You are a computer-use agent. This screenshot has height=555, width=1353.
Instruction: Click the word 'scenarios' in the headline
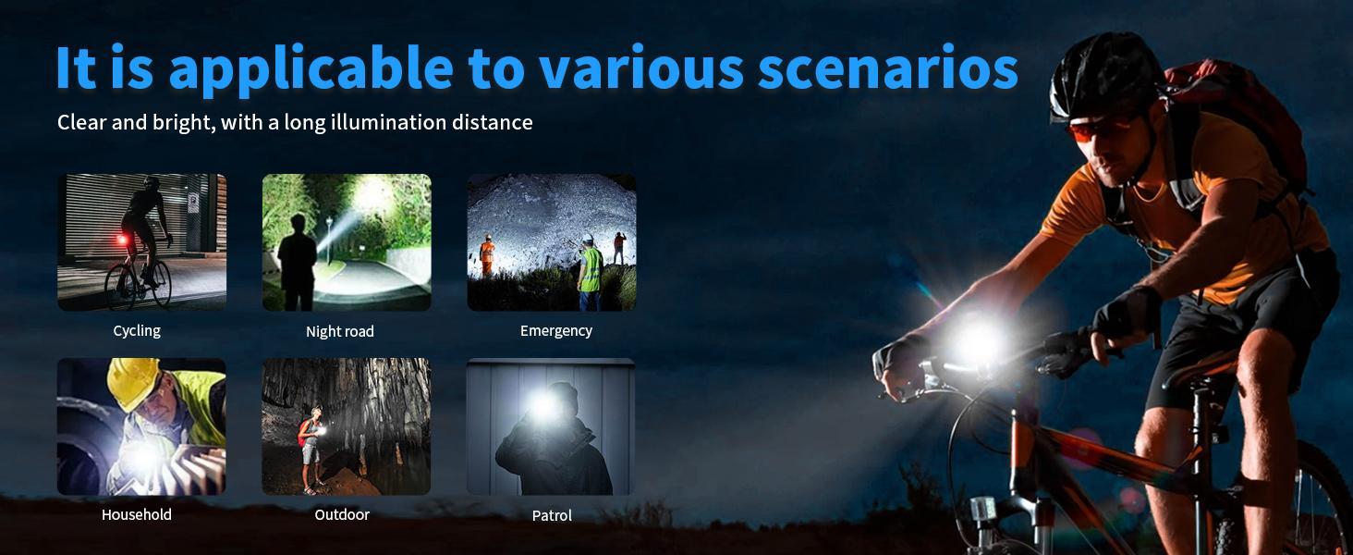[x=888, y=68]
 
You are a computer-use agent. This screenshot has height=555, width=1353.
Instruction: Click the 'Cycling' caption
[x=137, y=331]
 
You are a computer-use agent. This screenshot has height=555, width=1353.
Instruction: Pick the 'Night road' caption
[x=340, y=331]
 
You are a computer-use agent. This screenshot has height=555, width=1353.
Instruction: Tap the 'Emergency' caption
[x=556, y=331]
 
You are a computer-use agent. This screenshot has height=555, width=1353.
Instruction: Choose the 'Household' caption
[x=137, y=514]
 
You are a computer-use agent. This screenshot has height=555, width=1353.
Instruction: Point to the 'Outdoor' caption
[x=342, y=514]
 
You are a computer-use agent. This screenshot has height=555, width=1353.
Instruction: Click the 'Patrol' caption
[x=552, y=516]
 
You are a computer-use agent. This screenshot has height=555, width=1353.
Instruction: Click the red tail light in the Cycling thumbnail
[x=123, y=240]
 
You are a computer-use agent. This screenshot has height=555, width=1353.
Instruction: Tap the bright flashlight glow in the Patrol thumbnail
[x=542, y=405]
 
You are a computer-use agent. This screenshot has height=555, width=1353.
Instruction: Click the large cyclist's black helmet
[x=1104, y=76]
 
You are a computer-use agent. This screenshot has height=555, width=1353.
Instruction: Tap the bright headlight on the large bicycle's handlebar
[x=976, y=339]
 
